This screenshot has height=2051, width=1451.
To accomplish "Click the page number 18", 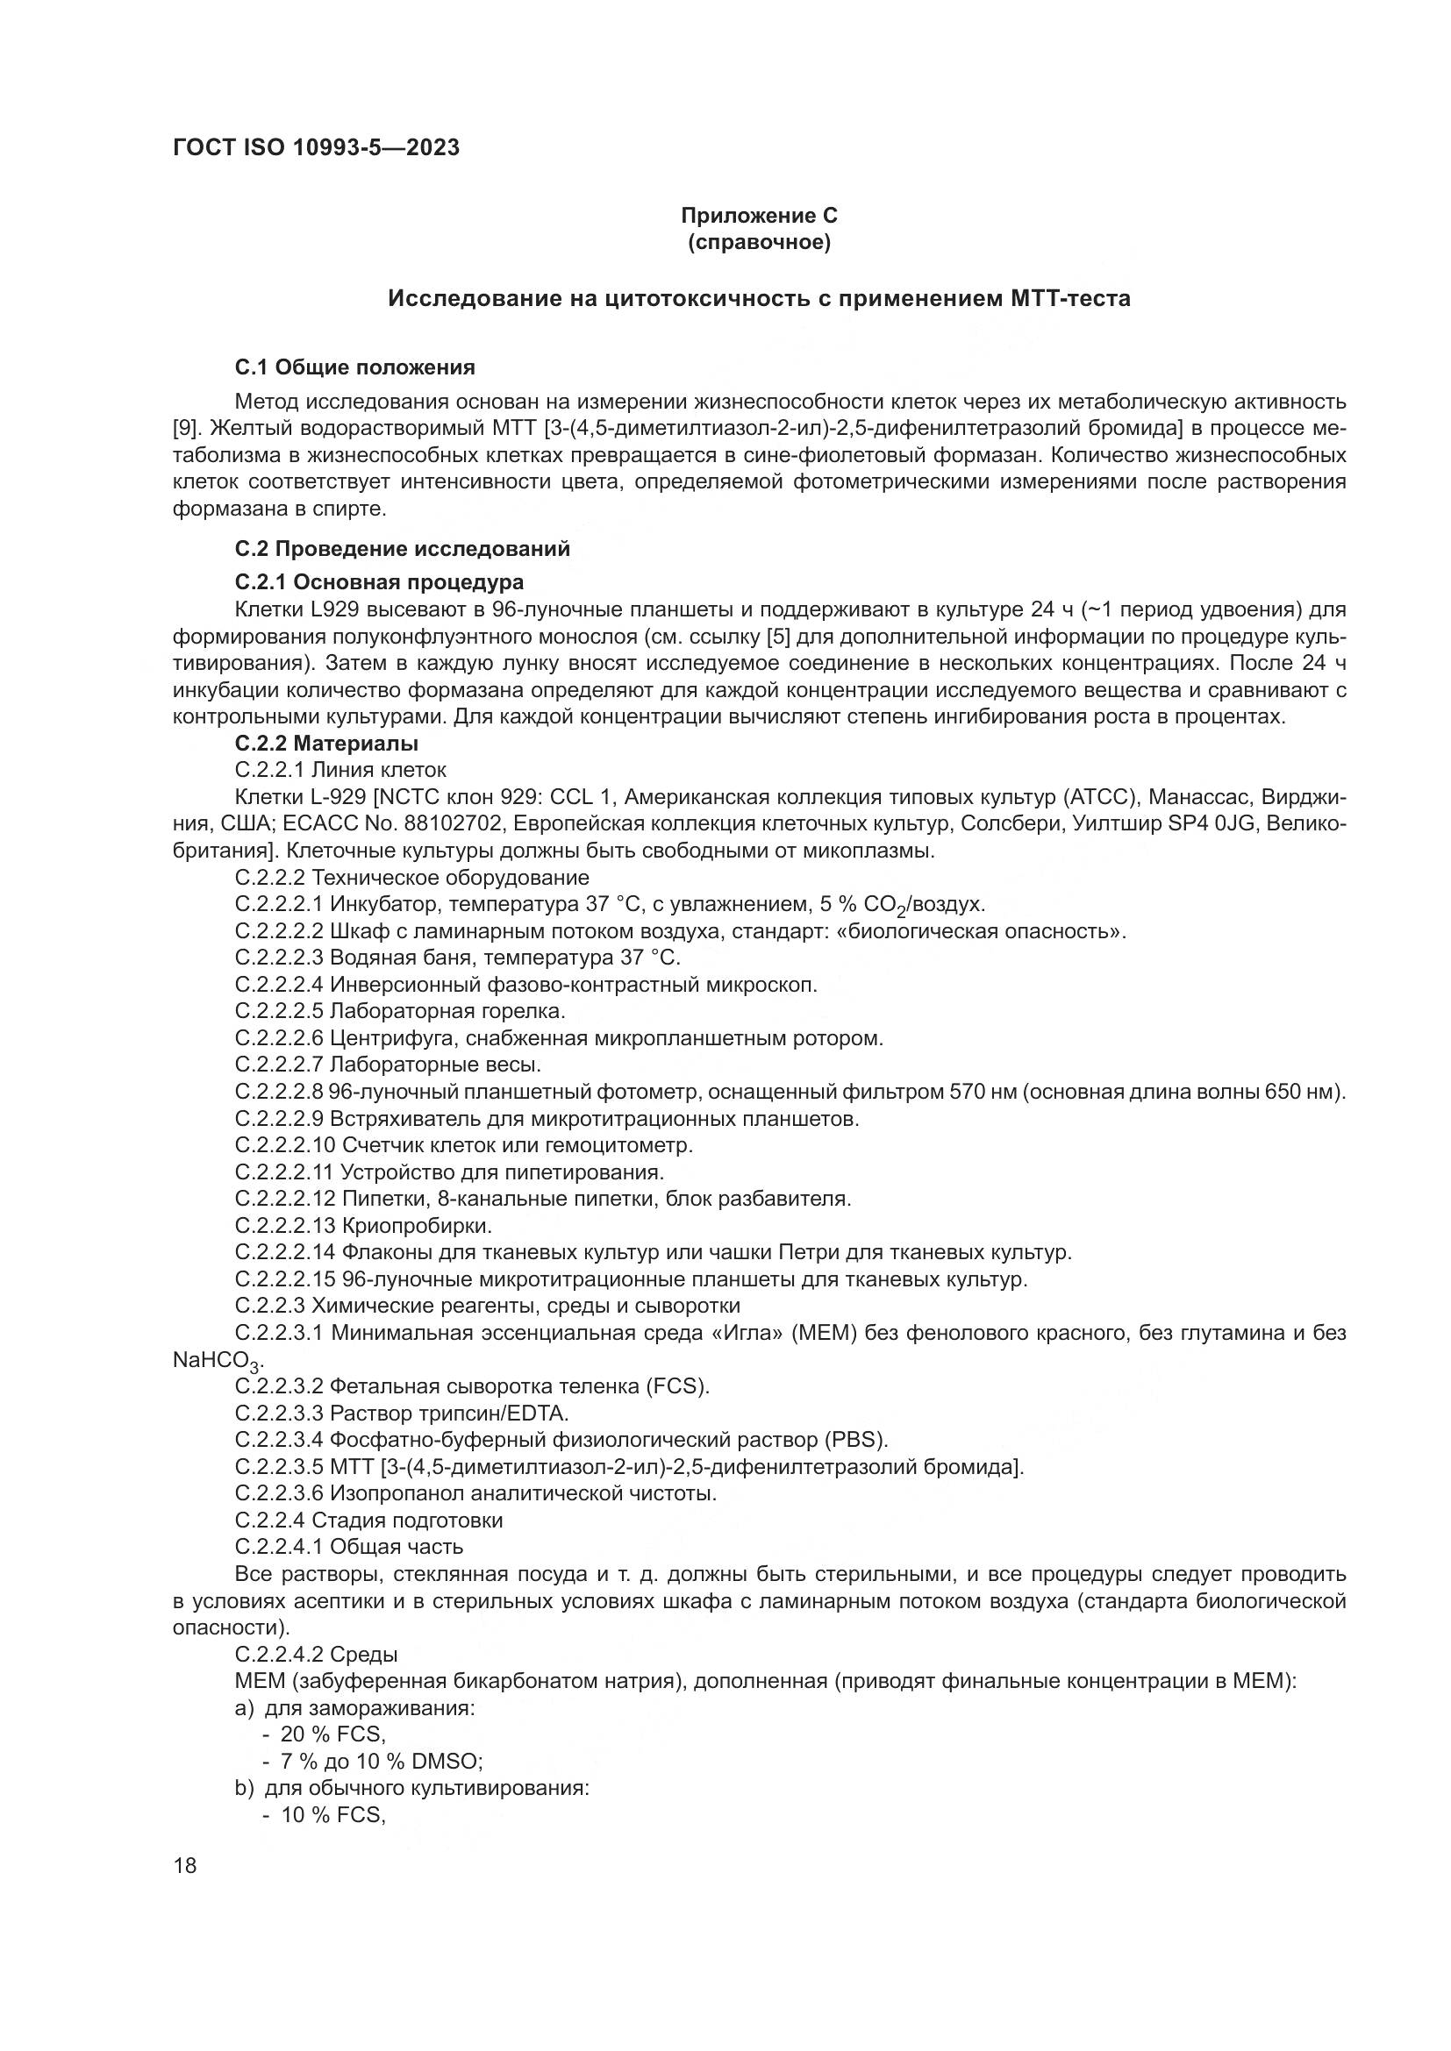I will click(185, 1866).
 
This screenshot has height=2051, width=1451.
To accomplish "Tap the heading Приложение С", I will click(759, 216).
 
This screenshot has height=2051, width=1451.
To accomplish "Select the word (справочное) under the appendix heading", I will click(759, 242).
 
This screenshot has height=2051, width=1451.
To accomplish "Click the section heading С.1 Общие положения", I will click(354, 367).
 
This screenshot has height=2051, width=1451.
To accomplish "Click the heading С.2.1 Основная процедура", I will click(379, 582).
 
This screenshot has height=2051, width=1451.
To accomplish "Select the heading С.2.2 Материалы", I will click(327, 744).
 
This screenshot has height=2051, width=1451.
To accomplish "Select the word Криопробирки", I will click(418, 1225).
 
